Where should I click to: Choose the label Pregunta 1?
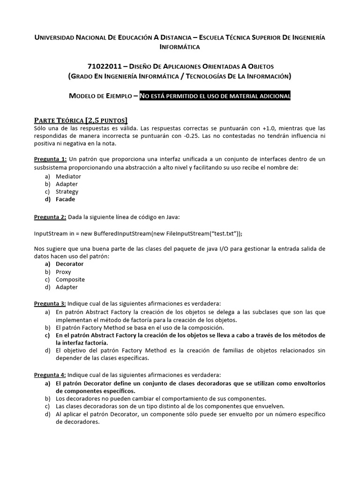(51, 159)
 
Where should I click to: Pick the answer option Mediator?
(68, 176)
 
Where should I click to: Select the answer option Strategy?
(67, 191)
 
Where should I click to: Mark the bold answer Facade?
(65, 199)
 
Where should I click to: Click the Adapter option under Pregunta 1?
(67, 184)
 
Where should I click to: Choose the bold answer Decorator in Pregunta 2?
(69, 264)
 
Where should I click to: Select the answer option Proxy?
(63, 271)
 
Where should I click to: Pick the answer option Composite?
(70, 279)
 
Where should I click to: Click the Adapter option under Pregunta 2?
(67, 287)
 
